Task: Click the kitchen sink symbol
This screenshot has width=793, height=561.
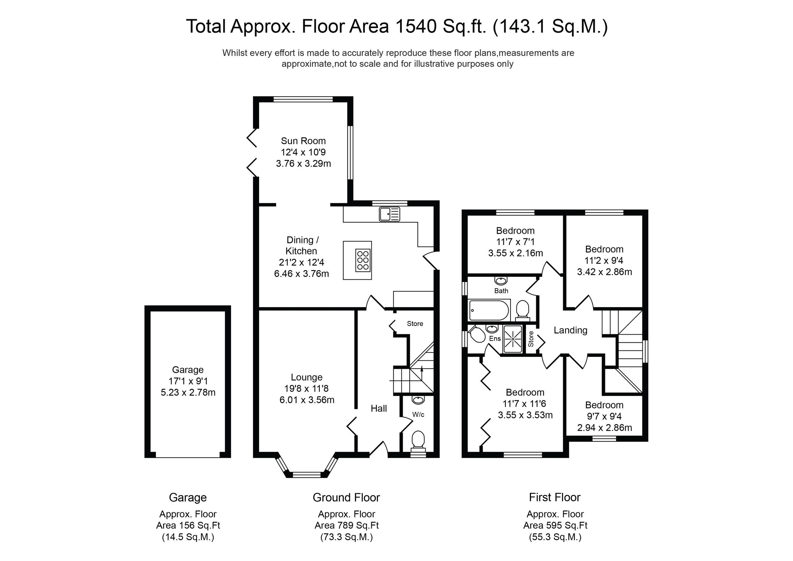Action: [389, 214]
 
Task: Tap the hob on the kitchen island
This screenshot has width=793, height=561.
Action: [363, 260]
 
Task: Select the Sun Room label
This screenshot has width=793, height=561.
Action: [303, 141]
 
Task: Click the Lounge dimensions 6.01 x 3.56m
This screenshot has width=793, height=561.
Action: [307, 400]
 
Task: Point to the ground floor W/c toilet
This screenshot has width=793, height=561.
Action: [418, 439]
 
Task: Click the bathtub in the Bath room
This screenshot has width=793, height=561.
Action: [489, 310]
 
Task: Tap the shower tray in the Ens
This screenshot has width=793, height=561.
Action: [512, 339]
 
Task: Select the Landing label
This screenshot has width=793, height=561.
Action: [570, 330]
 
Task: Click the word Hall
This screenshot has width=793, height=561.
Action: [379, 409]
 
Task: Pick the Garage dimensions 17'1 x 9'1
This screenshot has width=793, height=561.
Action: [188, 381]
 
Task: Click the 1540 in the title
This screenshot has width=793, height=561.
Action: [416, 26]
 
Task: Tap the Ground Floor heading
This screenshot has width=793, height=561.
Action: [346, 498]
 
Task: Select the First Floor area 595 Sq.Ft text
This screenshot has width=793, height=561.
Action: [555, 525]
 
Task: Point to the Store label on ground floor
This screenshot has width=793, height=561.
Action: [415, 324]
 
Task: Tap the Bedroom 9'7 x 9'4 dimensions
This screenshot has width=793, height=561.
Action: [604, 416]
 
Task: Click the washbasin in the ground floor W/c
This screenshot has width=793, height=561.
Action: [418, 400]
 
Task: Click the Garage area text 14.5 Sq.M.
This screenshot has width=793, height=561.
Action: [188, 537]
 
